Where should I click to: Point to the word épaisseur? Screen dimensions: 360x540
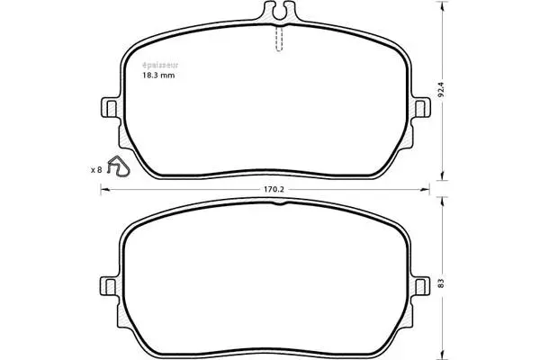(x=157, y=65)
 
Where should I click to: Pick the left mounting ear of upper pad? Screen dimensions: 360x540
(x=111, y=108)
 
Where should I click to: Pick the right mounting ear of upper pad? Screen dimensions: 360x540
(x=419, y=108)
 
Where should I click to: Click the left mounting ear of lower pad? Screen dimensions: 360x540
(x=111, y=283)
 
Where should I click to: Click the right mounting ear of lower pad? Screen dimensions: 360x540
(x=419, y=283)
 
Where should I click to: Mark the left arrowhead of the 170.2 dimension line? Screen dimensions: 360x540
(x=103, y=190)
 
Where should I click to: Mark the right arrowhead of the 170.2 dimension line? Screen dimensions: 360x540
(x=427, y=190)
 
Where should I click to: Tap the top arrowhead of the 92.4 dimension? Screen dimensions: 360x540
(x=443, y=6)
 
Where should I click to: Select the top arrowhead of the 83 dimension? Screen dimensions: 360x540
(x=443, y=204)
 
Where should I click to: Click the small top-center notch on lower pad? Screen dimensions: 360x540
(x=280, y=205)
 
